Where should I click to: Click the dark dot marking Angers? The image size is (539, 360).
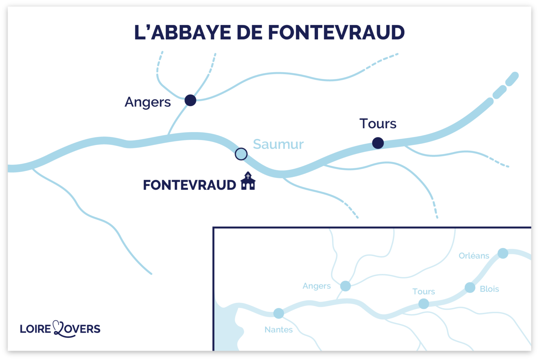pos(190,100)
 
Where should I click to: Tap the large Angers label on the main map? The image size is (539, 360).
pos(148,102)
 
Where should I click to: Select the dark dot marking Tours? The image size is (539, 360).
pos(378,143)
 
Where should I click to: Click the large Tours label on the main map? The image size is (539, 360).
pos(378,124)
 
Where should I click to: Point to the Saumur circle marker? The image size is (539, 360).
pos(241,154)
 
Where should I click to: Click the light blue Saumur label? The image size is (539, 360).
pos(278,144)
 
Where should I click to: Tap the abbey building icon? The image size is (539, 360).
pos(248,181)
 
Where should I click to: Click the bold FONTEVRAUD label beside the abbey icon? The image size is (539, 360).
pos(189,185)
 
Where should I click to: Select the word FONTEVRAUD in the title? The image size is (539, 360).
pos(336,33)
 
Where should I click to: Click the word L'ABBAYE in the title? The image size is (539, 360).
pos(182,33)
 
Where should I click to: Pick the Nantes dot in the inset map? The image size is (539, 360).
pos(279,313)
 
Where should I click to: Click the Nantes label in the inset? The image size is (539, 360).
pos(279,329)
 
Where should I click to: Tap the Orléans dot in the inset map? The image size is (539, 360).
pos(503,253)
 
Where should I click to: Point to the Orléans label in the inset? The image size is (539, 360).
pos(474,256)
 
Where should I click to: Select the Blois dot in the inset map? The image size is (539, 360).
pos(470,287)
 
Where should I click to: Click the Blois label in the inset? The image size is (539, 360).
pos(489,289)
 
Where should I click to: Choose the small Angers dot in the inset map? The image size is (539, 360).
pos(346,286)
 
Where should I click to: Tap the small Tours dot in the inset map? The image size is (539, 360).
pos(424,303)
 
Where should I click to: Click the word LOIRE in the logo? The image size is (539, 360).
pos(35,329)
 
